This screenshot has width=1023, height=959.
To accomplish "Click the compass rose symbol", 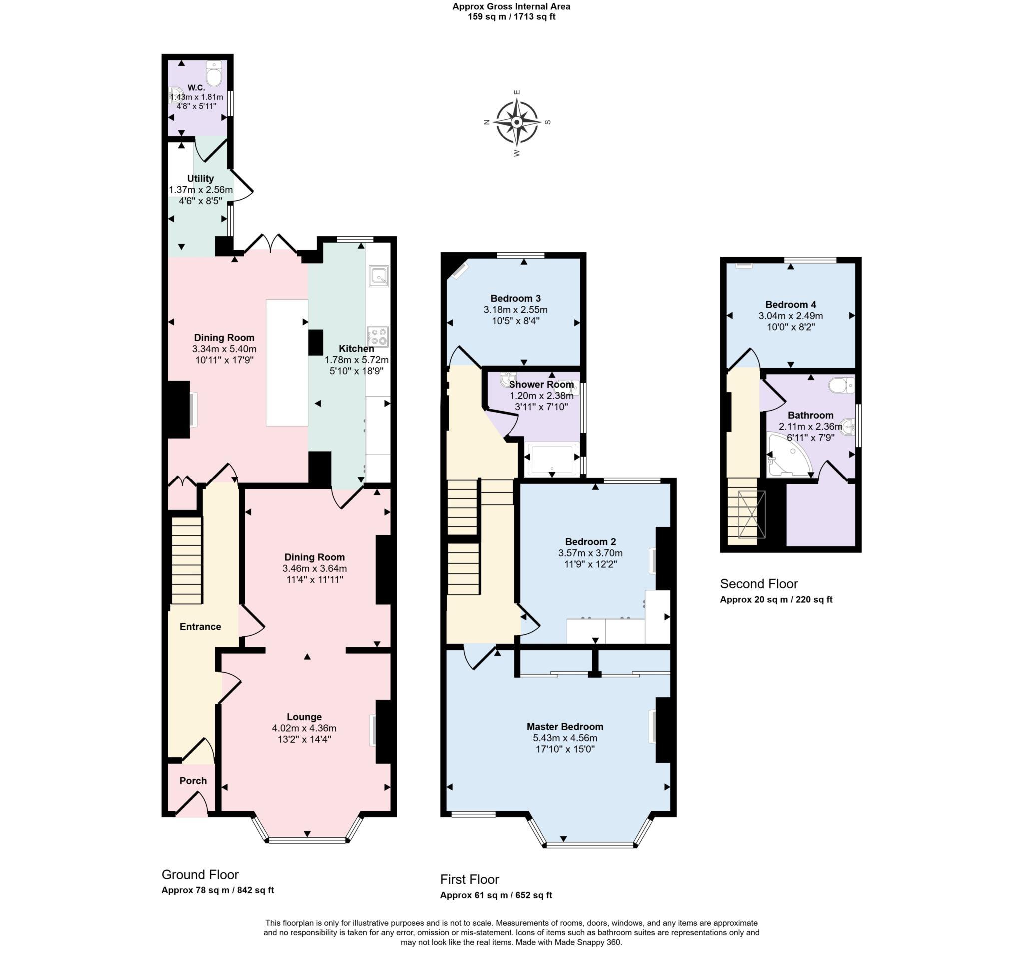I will pyautogui.click(x=516, y=122).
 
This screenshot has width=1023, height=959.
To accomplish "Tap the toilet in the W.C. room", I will pyautogui.click(x=214, y=75).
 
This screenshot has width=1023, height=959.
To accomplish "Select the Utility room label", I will pyautogui.click(x=200, y=178).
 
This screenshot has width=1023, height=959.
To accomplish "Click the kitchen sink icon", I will pyautogui.click(x=378, y=276).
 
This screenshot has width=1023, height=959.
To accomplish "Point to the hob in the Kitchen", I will pyautogui.click(x=378, y=337).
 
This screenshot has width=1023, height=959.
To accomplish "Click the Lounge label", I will pyautogui.click(x=304, y=717).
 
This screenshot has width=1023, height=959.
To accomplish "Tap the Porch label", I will pyautogui.click(x=193, y=781).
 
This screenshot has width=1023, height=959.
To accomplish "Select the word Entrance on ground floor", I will pyautogui.click(x=200, y=627).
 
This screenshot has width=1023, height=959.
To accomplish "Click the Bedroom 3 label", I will pyautogui.click(x=515, y=298).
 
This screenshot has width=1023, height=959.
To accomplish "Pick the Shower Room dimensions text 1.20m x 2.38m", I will pyautogui.click(x=541, y=396).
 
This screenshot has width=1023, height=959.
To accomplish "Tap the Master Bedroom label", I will pyautogui.click(x=564, y=726).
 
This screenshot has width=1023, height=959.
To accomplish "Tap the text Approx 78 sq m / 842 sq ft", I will pyautogui.click(x=217, y=890).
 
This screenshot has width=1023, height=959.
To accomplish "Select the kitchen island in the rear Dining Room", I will pyautogui.click(x=287, y=363).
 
